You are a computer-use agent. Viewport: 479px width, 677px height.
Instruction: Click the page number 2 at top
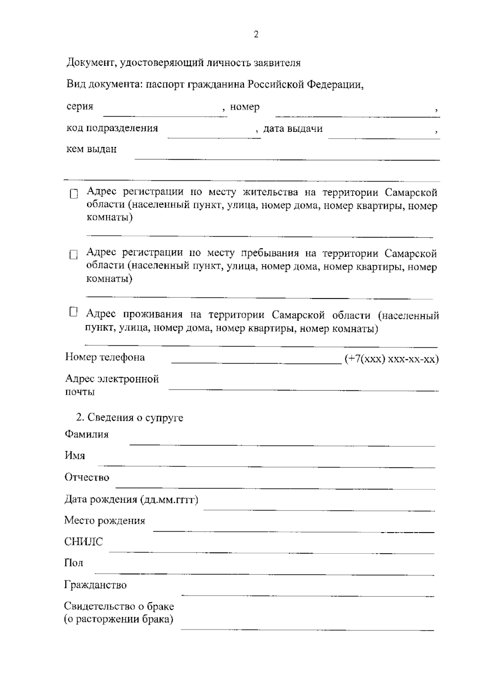pos(256,35)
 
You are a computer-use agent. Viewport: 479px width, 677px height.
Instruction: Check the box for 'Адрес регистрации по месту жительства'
pos(74,194)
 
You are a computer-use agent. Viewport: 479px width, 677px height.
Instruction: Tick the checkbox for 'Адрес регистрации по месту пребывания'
pos(73,255)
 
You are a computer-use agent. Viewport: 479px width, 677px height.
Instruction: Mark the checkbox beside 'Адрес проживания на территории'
pos(73,312)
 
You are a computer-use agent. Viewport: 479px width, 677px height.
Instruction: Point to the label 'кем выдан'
pos(91,149)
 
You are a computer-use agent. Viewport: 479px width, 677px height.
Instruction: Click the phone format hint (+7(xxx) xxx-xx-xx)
pos(392,359)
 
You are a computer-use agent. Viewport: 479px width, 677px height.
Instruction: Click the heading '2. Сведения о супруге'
pos(129,418)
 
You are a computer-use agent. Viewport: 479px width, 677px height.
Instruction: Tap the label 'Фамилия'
pos(87,434)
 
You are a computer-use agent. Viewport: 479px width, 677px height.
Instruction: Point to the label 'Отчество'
pos(87,477)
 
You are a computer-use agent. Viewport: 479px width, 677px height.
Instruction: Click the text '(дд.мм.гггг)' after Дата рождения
pos(169,500)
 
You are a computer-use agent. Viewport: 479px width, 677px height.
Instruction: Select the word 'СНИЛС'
pos(83,542)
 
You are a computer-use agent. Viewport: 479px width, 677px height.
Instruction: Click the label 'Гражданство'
pos(95,585)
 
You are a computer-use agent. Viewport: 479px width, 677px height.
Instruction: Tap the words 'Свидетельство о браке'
pos(119,606)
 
